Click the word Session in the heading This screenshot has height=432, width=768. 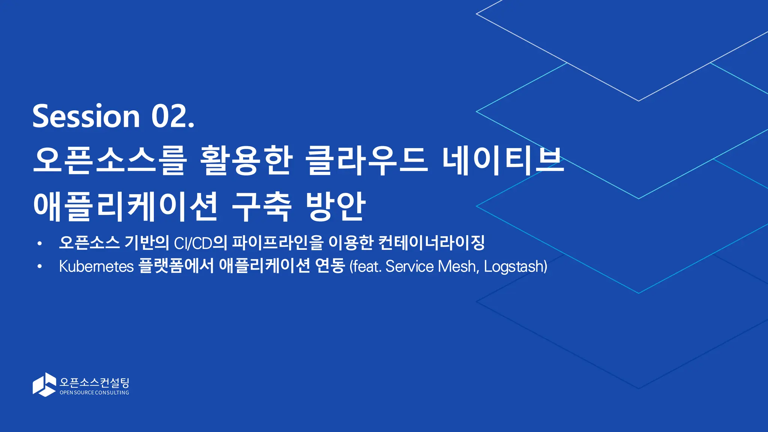[86, 116]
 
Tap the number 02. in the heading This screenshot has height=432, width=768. [173, 116]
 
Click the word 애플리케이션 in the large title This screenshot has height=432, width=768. [126, 206]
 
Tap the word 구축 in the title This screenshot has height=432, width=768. [261, 206]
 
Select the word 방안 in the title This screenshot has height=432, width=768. [335, 206]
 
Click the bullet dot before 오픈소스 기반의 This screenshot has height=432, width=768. [39, 244]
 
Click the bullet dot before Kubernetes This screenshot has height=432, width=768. [39, 267]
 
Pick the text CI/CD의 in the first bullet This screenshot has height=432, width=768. [201, 243]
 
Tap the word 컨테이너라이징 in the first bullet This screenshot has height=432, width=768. [431, 243]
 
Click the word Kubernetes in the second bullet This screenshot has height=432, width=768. [96, 267]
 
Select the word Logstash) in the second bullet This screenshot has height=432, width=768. [516, 267]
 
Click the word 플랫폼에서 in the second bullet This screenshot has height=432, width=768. [176, 266]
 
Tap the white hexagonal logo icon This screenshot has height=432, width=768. [44, 384]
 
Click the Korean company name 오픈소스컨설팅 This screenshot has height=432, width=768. [94, 382]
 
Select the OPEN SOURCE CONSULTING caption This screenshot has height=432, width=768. [94, 393]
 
